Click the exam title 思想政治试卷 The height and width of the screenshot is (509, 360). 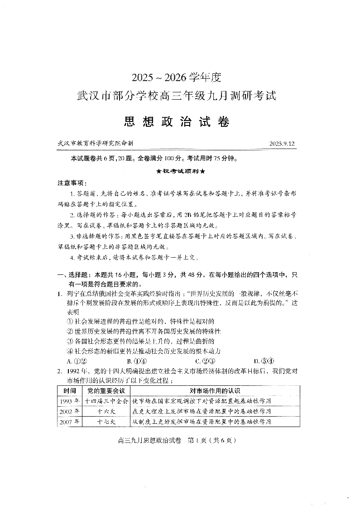[177, 122]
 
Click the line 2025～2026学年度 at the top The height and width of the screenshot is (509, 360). [177, 77]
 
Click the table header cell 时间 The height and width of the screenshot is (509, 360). [70, 390]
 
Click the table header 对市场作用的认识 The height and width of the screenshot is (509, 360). [214, 390]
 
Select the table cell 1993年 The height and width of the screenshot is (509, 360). [70, 401]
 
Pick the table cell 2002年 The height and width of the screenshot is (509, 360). [70, 411]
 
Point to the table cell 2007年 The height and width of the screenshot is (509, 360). [70, 422]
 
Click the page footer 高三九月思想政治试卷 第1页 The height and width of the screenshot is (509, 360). [177, 440]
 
